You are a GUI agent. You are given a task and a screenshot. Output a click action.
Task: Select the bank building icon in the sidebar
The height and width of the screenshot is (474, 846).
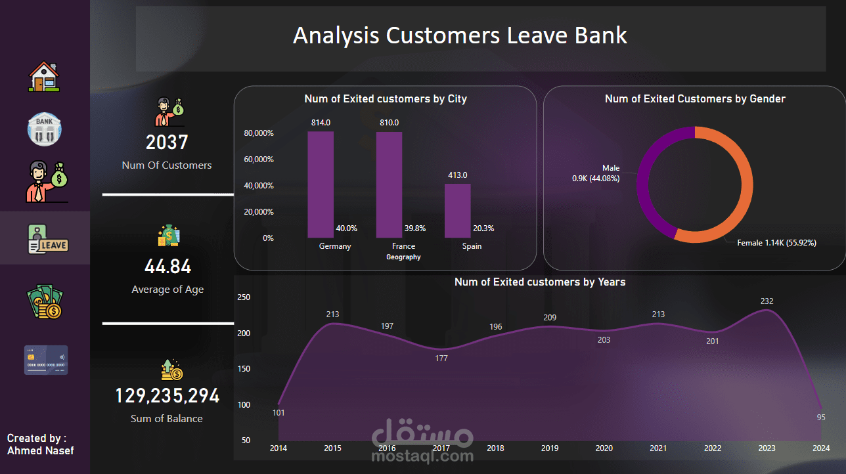pos(44,129)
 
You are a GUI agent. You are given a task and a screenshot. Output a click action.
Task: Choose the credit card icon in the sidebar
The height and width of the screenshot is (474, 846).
pos(46,360)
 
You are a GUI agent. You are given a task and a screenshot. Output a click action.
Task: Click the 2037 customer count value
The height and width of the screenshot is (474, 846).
pos(167,142)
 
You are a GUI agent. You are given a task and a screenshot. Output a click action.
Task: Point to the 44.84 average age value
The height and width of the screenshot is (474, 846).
pos(167,267)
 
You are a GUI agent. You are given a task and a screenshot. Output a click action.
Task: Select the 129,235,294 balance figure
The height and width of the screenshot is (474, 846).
pos(167,396)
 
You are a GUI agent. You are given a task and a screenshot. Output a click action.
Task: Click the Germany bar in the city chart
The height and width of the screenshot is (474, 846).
pos(321,184)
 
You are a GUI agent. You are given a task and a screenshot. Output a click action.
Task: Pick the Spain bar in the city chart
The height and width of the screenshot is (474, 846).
pos(457,211)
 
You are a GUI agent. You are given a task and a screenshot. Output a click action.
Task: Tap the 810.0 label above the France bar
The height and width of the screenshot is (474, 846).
pos(389,123)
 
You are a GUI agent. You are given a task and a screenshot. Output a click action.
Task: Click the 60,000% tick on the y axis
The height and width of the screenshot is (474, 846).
pos(258,160)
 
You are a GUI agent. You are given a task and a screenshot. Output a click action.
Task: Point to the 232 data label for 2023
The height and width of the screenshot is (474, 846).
pos(767,301)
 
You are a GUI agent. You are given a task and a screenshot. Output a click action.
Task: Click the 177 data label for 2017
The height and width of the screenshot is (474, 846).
pos(441,358)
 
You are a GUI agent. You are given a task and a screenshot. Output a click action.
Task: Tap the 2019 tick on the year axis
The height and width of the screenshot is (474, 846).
pos(550,448)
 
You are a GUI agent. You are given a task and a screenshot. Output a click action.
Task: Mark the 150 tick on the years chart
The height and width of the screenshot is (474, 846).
pos(244,369)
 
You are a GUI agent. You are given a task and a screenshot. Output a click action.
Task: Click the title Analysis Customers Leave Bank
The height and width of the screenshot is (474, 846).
pos(460,35)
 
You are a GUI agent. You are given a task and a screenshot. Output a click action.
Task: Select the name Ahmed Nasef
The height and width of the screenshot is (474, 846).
pos(41,450)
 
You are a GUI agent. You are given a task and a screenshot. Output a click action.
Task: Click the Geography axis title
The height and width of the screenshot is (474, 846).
pos(403,257)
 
